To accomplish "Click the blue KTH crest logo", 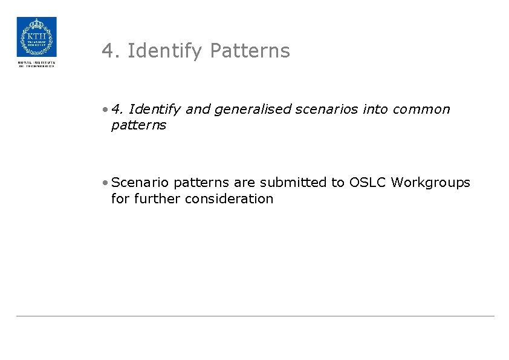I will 36,37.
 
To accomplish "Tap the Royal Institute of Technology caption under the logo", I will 36,64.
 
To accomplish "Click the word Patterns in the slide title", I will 250,51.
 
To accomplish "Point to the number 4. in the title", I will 112,51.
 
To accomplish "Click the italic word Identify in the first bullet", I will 155,110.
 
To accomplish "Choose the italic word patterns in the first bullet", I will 138,125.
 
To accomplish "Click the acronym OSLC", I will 368,182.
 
